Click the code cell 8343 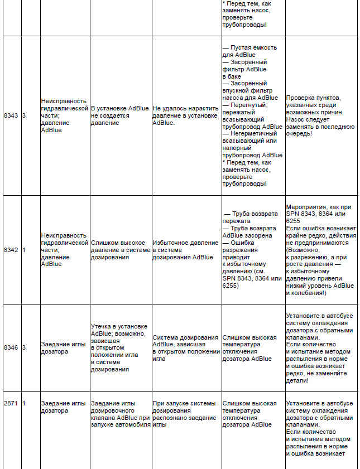(11, 115)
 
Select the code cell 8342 (11, 250)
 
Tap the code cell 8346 (11, 347)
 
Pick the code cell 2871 (11, 403)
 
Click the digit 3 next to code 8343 (24, 115)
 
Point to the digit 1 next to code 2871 (24, 403)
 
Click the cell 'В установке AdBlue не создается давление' (119, 115)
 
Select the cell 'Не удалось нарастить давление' (186, 115)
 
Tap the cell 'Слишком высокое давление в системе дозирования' (119, 250)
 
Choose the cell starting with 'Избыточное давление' (186, 250)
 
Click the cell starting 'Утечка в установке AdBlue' (119, 347)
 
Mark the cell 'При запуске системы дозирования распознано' (186, 413)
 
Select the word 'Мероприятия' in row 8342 (305, 206)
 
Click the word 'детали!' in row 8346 (297, 381)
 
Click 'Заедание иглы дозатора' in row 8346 (63, 347)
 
